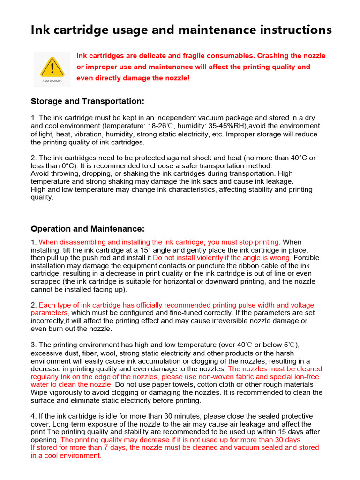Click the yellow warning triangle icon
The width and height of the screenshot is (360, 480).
[52, 67]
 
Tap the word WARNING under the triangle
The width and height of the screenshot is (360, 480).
[52, 81]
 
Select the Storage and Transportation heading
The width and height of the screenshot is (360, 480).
[88, 101]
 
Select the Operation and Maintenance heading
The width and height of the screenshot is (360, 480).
[88, 229]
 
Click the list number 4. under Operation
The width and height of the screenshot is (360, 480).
[33, 416]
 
